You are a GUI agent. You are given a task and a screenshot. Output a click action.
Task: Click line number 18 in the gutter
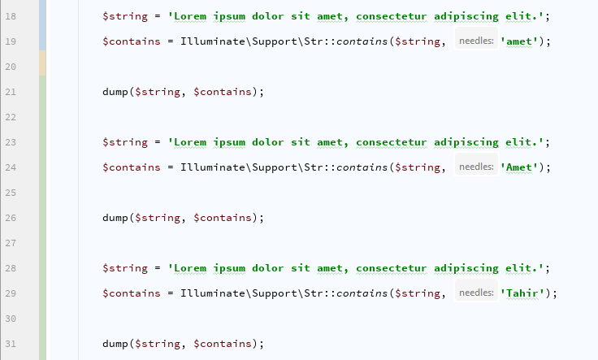[11, 15]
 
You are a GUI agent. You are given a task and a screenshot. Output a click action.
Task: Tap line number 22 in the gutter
[11, 117]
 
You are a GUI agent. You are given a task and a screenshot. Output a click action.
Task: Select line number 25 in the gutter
[11, 193]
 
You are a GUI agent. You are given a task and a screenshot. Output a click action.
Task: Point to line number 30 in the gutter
[11, 319]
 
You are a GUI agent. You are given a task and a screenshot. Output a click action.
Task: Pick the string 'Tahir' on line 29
[525, 293]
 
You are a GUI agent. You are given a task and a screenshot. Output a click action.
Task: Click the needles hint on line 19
[475, 41]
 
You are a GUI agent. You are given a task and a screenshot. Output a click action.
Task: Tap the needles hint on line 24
[475, 167]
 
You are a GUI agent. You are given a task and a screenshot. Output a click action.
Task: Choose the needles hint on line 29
[475, 293]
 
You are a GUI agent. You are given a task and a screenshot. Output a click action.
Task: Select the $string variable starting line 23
[125, 142]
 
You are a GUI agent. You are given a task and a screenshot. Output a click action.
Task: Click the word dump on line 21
[115, 92]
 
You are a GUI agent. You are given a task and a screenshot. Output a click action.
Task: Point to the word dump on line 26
[115, 218]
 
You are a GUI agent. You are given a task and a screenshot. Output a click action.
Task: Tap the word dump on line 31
[115, 344]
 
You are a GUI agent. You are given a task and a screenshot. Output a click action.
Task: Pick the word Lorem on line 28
[190, 268]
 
